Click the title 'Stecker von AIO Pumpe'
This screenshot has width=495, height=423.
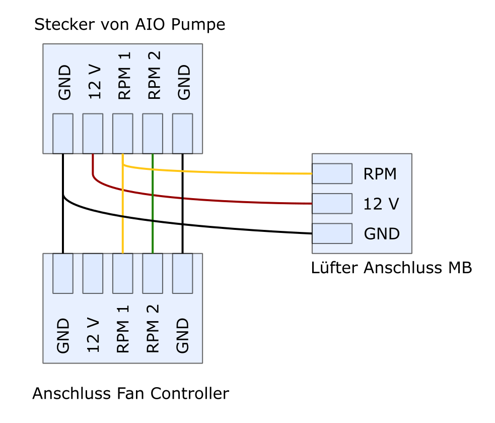pyautogui.click(x=130, y=25)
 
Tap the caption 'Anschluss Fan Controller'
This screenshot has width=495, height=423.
pyautogui.click(x=131, y=394)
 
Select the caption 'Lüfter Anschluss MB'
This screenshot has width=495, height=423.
pyautogui.click(x=391, y=267)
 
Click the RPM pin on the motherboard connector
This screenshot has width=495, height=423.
pyautogui.click(x=332, y=173)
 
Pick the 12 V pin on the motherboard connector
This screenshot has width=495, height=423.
pyautogui.click(x=332, y=204)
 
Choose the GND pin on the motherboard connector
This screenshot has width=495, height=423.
pyautogui.click(x=332, y=233)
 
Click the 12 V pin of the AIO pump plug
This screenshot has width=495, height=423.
pyautogui.click(x=93, y=134)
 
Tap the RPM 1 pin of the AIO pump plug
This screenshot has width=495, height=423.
pyautogui.click(x=123, y=134)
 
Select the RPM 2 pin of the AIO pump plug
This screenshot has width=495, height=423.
pyautogui.click(x=153, y=134)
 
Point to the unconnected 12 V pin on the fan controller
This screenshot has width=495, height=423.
pyautogui.click(x=93, y=273)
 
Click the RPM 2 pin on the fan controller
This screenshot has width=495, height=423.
pyautogui.click(x=153, y=273)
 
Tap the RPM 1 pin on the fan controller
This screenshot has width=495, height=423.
pyautogui.click(x=123, y=273)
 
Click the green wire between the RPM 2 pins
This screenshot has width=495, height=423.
pyautogui.click(x=153, y=204)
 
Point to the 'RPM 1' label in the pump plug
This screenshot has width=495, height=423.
pyautogui.click(x=124, y=76)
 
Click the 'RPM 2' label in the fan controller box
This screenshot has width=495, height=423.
pyautogui.click(x=153, y=329)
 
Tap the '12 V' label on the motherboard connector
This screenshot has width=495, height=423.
pyautogui.click(x=381, y=204)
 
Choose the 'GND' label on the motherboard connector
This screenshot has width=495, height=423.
pyautogui.click(x=382, y=234)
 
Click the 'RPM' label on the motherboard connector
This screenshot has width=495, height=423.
pyautogui.click(x=380, y=174)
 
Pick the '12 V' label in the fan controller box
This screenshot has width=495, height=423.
pyautogui.click(x=93, y=335)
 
